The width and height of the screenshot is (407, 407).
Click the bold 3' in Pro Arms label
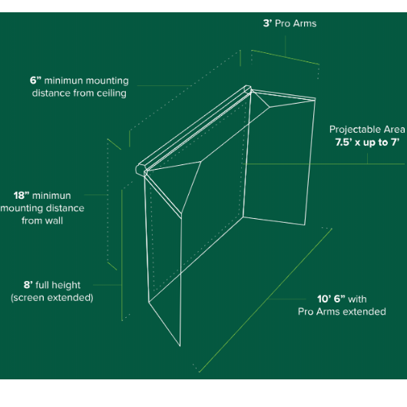267,24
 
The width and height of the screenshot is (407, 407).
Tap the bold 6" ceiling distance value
35,81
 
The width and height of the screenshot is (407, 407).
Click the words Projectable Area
366,130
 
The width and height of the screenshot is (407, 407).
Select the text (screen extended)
51,297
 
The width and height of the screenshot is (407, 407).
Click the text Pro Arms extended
342,312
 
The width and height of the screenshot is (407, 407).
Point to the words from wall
42,220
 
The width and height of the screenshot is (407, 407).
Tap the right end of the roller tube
247,90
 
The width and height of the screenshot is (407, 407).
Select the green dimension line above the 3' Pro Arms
284,57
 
